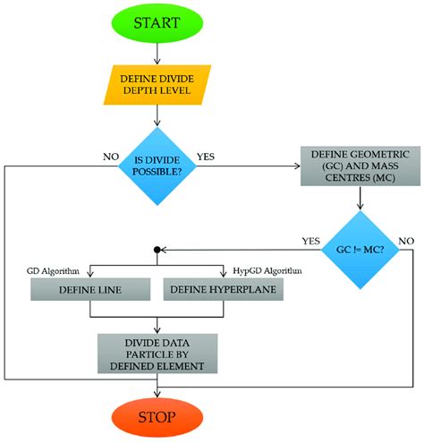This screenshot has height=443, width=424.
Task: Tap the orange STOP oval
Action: click(x=157, y=417)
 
